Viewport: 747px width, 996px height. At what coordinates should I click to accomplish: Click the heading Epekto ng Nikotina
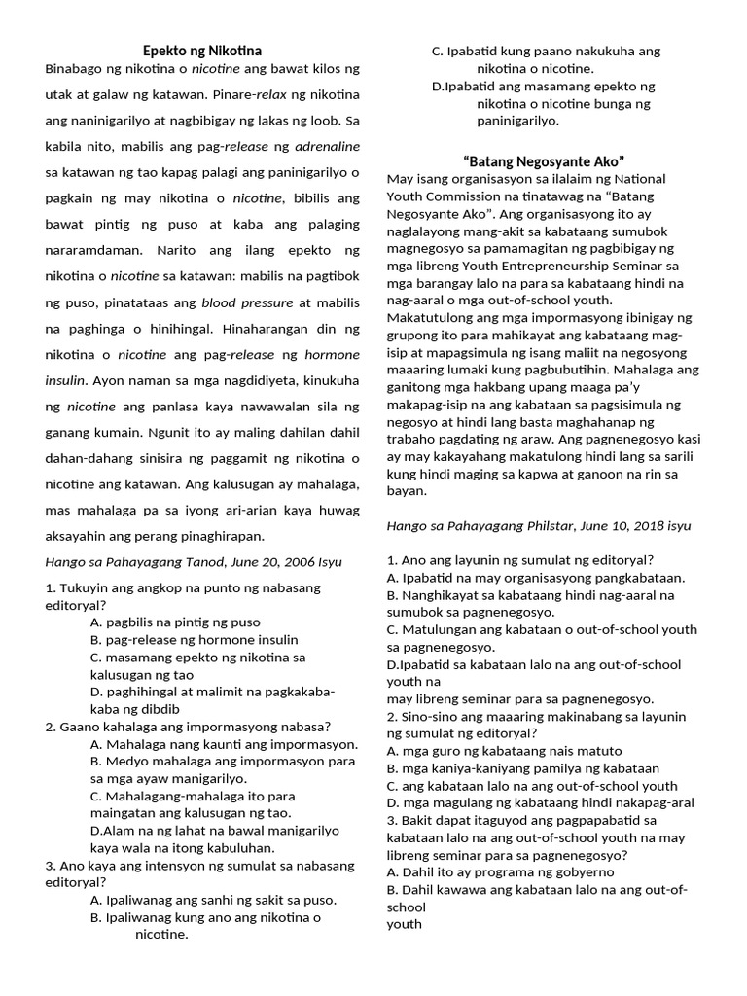[x=202, y=50]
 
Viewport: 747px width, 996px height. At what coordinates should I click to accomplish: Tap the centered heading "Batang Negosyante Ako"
[x=544, y=160]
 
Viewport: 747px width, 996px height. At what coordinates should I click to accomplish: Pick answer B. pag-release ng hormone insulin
[x=194, y=639]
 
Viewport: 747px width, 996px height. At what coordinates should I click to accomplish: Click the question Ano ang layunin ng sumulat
[x=519, y=559]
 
